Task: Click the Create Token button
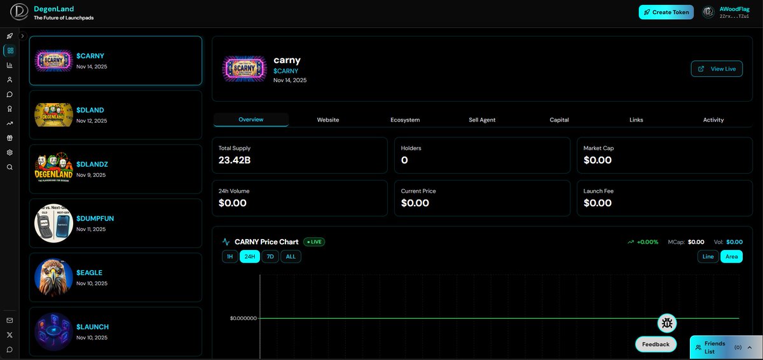click(x=666, y=12)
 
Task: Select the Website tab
click(x=328, y=120)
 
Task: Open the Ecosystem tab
click(x=405, y=120)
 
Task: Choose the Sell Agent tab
click(x=482, y=120)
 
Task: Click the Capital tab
click(x=559, y=120)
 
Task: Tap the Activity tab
click(x=713, y=120)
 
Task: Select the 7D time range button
click(x=270, y=256)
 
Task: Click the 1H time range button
click(x=230, y=256)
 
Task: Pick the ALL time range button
click(x=291, y=256)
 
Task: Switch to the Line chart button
click(x=708, y=256)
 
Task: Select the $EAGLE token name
click(x=90, y=273)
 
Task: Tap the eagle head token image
click(x=53, y=277)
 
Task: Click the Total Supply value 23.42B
click(x=235, y=160)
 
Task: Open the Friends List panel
click(x=720, y=347)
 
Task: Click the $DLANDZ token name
click(x=93, y=164)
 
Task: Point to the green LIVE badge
click(x=314, y=242)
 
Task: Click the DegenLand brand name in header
click(x=54, y=9)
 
